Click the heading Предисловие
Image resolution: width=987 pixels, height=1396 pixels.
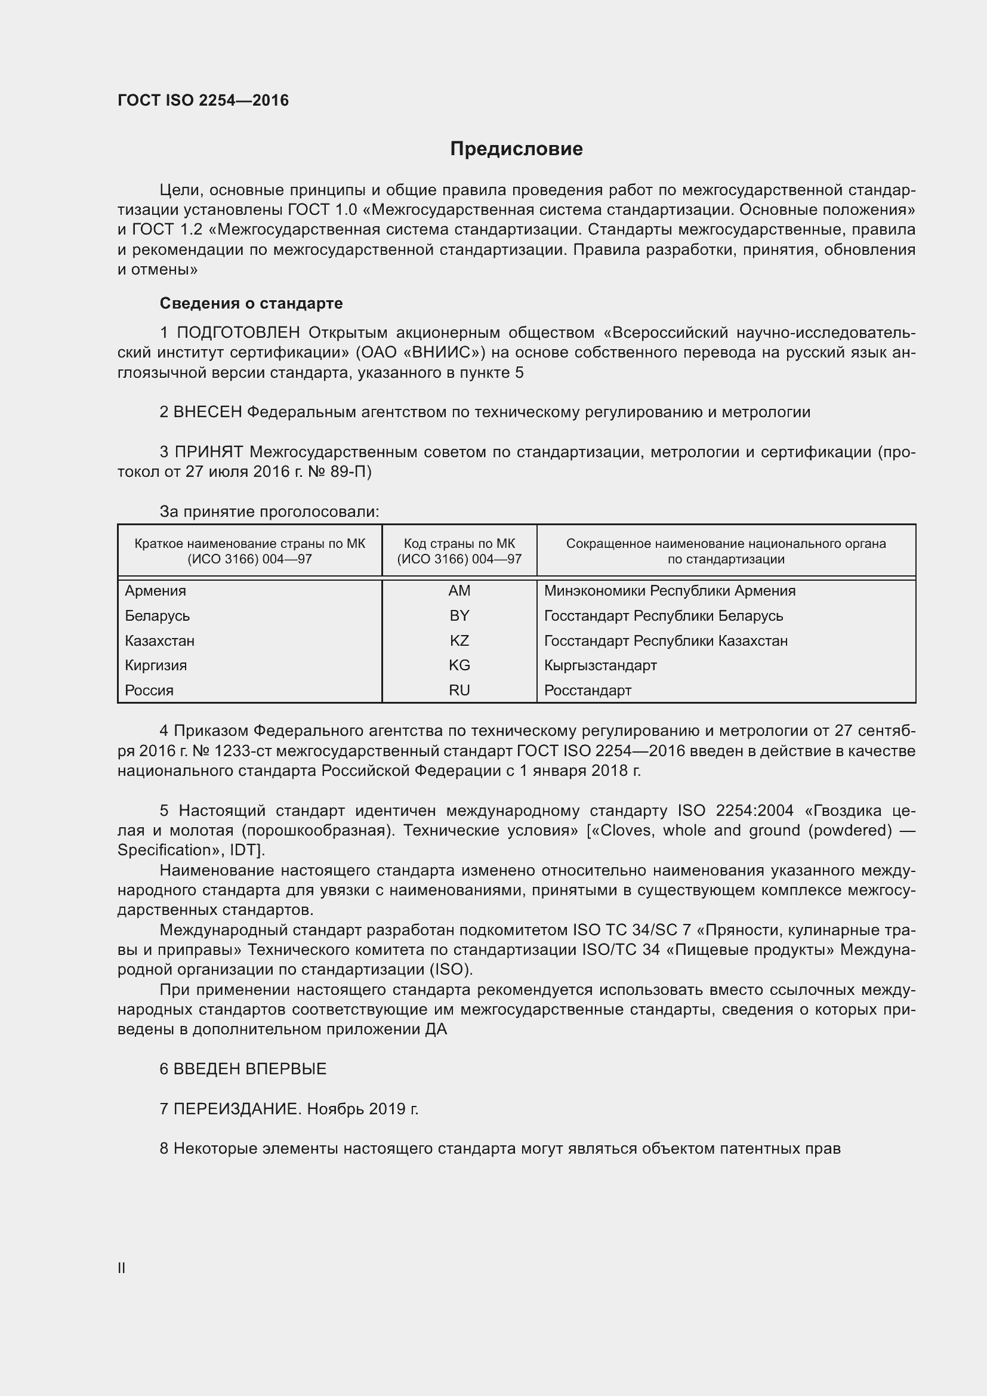coord(516,149)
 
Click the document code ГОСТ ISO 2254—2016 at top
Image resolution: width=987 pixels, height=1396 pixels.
coord(203,100)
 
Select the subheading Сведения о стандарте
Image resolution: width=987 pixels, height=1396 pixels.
coord(251,303)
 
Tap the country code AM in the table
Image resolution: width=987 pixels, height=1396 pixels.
coord(459,590)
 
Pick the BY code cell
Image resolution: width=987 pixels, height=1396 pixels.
coord(459,615)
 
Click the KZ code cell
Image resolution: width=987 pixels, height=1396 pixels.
coord(459,640)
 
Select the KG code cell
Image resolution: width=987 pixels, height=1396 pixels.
coord(459,665)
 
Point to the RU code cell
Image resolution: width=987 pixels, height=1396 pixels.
coord(459,690)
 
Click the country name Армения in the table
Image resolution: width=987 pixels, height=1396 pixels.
coord(156,590)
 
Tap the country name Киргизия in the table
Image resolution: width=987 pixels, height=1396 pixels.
coord(156,665)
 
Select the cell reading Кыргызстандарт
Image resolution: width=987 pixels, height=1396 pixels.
coord(600,665)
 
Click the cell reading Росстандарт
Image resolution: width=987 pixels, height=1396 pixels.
coord(587,690)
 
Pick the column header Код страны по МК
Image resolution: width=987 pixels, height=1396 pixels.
coord(459,544)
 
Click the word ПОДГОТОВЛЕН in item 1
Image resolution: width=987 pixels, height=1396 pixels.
coord(238,332)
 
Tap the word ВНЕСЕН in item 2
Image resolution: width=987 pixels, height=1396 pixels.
coord(208,412)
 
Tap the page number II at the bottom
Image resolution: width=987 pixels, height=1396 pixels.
coord(122,1268)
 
